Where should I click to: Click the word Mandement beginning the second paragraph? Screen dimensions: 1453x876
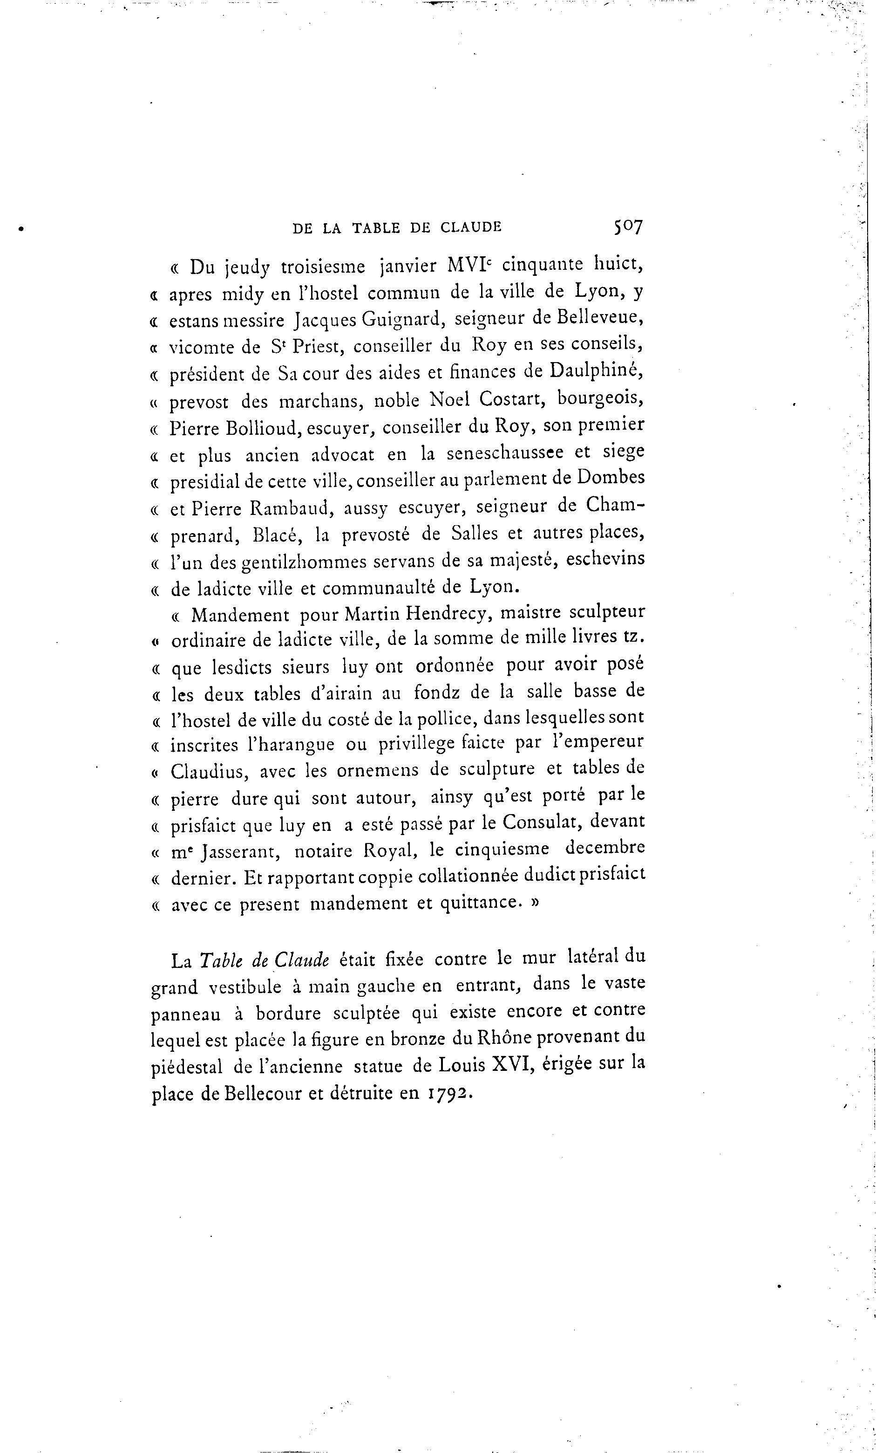coord(240,616)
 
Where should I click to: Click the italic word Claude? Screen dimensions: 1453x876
coord(302,960)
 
